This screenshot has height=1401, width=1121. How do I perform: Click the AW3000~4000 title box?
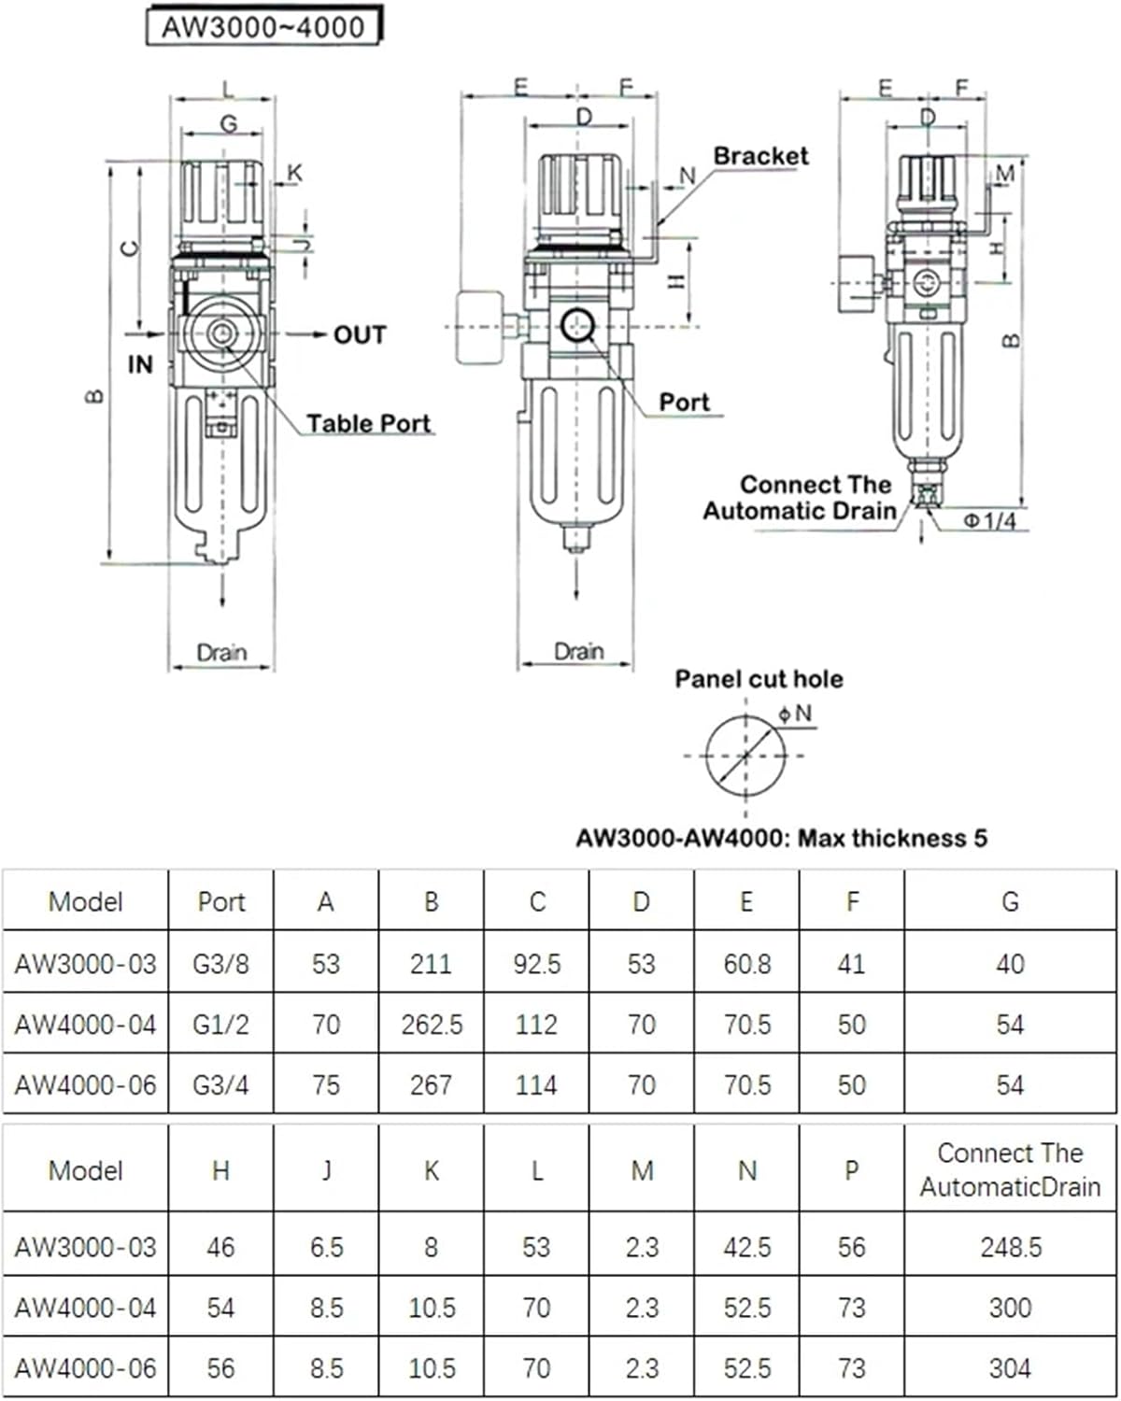[x=263, y=26]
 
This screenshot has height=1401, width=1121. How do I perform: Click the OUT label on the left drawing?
[x=359, y=334]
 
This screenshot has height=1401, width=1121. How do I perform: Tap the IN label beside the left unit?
[x=140, y=364]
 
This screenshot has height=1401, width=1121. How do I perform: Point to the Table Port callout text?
[x=368, y=424]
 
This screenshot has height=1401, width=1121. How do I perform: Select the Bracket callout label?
[x=760, y=156]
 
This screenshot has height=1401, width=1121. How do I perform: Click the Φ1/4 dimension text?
[x=989, y=520]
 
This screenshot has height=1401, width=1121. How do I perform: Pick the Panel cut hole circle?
[x=745, y=756]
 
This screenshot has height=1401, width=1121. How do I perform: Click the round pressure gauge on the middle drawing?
[x=479, y=327]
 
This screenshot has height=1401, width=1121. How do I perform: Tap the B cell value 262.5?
[x=432, y=1025]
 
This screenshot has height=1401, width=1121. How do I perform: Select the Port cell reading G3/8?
[x=220, y=964]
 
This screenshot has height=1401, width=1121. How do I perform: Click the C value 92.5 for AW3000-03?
[x=536, y=964]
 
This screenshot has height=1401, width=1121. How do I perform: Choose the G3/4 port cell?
[x=220, y=1085]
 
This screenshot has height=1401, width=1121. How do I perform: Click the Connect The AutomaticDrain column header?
[x=1010, y=1169]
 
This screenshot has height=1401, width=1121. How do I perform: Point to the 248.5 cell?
[x=1010, y=1247]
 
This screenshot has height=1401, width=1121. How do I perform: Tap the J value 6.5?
[x=326, y=1247]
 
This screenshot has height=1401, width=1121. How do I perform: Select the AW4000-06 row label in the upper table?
[x=85, y=1085]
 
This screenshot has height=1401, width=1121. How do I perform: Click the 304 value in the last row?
[x=1010, y=1368]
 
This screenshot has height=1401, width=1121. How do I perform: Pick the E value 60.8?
[x=746, y=964]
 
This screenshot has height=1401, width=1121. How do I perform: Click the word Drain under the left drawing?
[x=221, y=652]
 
